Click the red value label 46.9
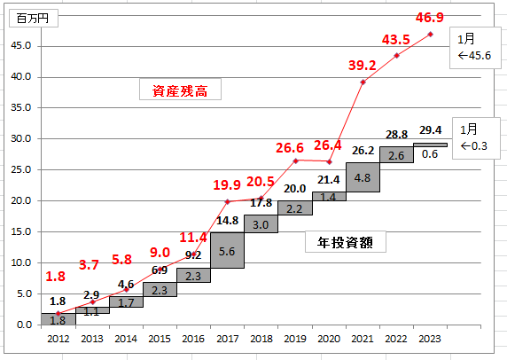(429, 18)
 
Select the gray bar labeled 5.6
(227, 250)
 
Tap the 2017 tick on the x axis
(227, 339)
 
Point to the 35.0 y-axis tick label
(21, 107)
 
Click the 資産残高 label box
(180, 90)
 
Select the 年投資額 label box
(346, 241)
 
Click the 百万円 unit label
(33, 19)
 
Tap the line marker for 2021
(363, 82)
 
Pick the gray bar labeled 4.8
(363, 177)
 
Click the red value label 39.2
(363, 66)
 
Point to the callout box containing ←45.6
(475, 48)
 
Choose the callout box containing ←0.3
(476, 138)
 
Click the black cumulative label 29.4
(431, 130)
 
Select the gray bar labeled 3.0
(261, 223)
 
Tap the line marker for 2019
(295, 160)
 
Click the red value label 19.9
(227, 185)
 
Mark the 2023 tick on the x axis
(429, 339)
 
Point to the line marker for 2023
(430, 35)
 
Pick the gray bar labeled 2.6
(396, 154)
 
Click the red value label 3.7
(89, 265)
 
